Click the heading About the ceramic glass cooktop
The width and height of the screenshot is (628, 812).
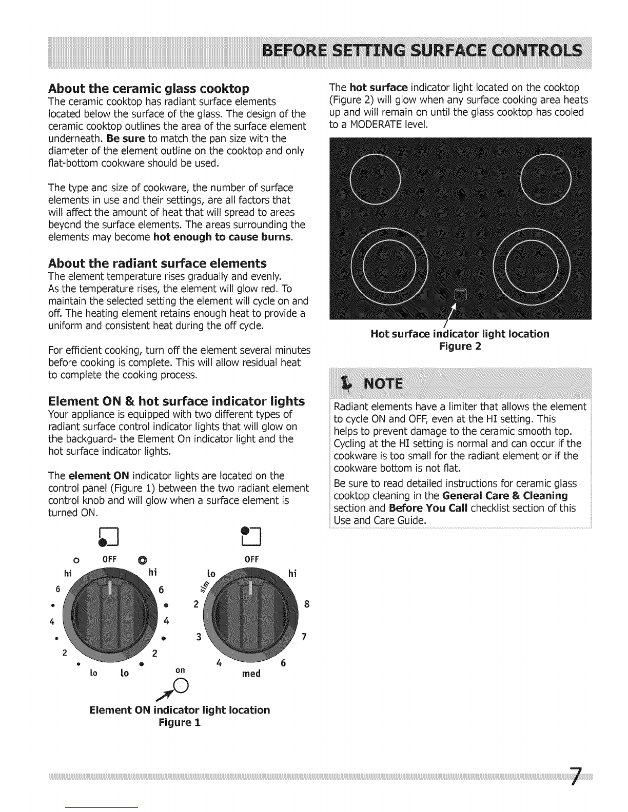(149, 88)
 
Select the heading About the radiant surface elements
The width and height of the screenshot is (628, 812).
(157, 263)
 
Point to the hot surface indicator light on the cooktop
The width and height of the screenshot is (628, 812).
(458, 294)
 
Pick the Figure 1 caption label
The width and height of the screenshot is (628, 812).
(179, 722)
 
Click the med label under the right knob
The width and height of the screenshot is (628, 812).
(251, 673)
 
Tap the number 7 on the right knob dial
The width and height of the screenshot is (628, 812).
(304, 638)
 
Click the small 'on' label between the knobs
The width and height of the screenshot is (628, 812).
(180, 670)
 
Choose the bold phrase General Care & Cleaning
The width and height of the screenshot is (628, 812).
(505, 496)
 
